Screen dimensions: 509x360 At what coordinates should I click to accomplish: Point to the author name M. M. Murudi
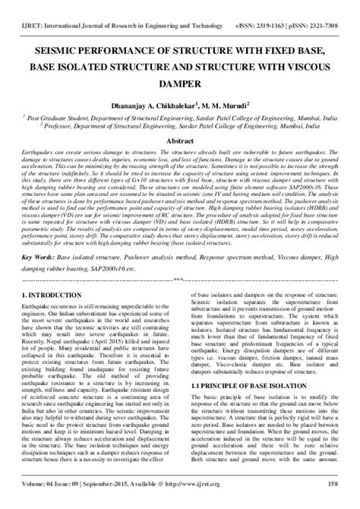click(225, 106)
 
